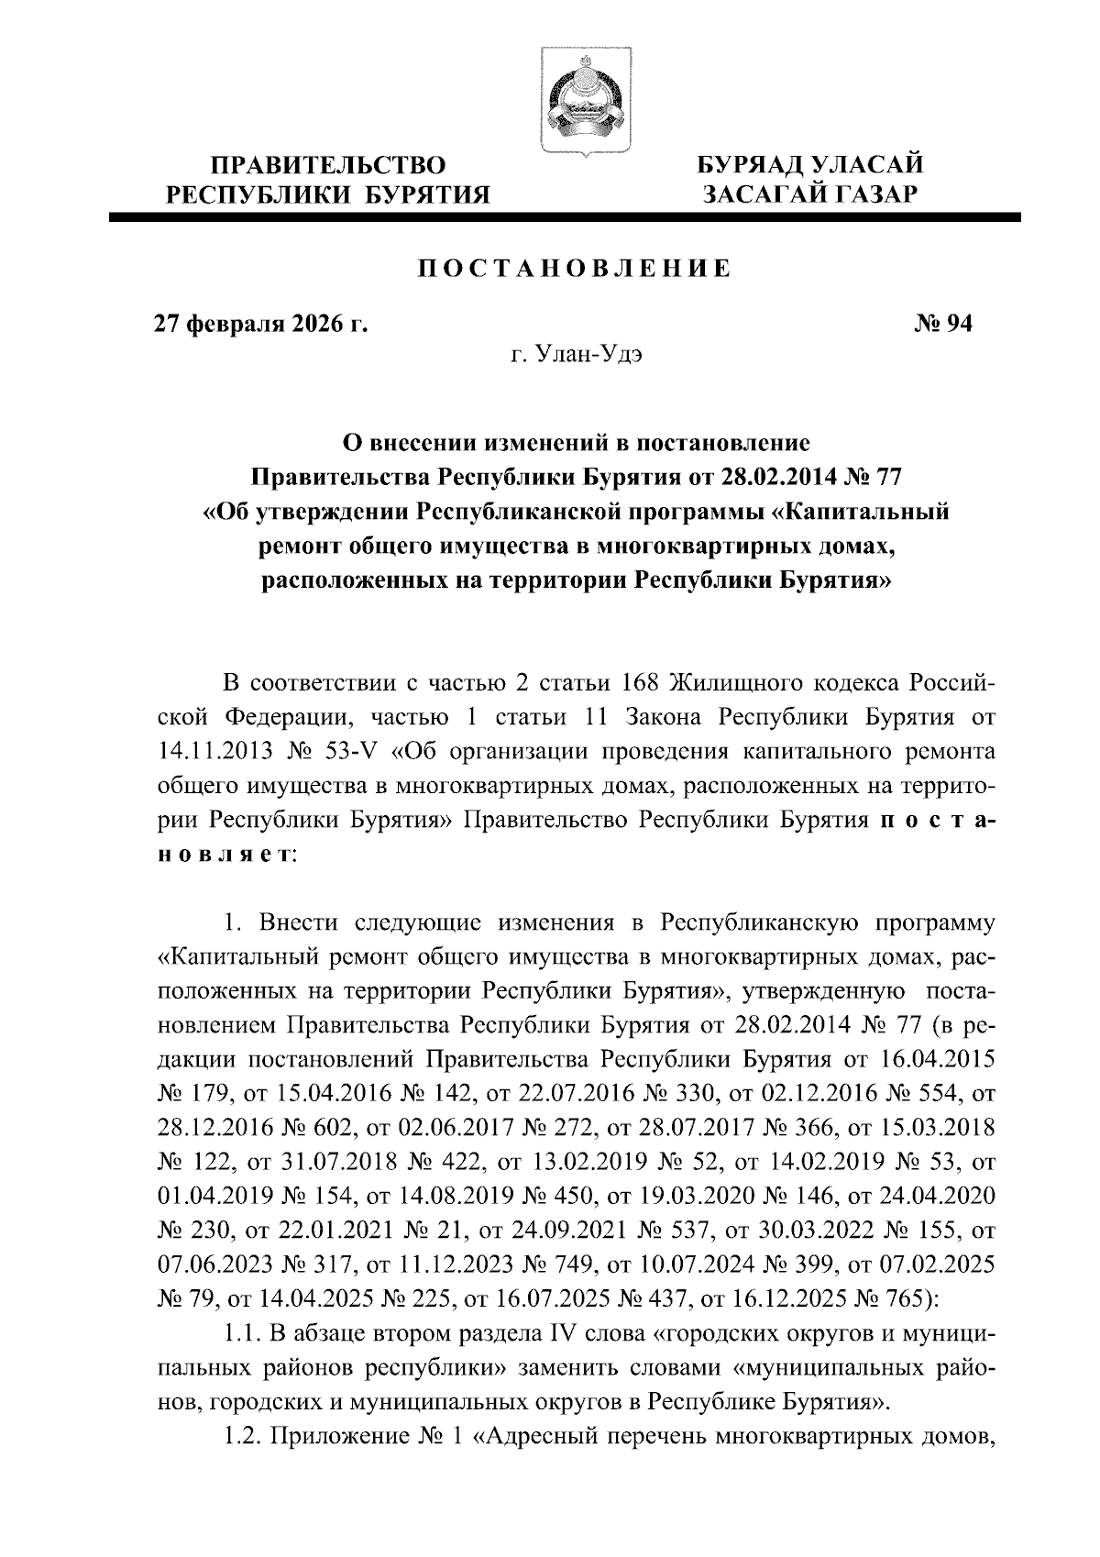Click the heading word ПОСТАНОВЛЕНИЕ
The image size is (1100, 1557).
pyautogui.click(x=576, y=269)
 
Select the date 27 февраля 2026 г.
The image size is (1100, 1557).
pyautogui.click(x=259, y=324)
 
